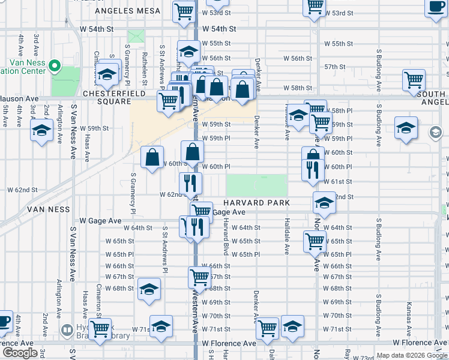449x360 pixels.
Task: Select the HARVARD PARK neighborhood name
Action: pos(257,203)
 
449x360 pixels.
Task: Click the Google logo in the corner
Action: pos(20,353)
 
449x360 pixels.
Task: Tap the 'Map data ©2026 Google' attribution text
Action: pos(411,355)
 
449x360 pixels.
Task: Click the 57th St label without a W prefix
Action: pos(334,67)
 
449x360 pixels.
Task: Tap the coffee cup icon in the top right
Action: pos(436,7)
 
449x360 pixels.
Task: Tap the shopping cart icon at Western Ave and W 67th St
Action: pos(199,277)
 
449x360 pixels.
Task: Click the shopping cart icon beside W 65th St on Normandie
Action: pos(315,241)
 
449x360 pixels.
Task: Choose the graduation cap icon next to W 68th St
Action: pos(149,289)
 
